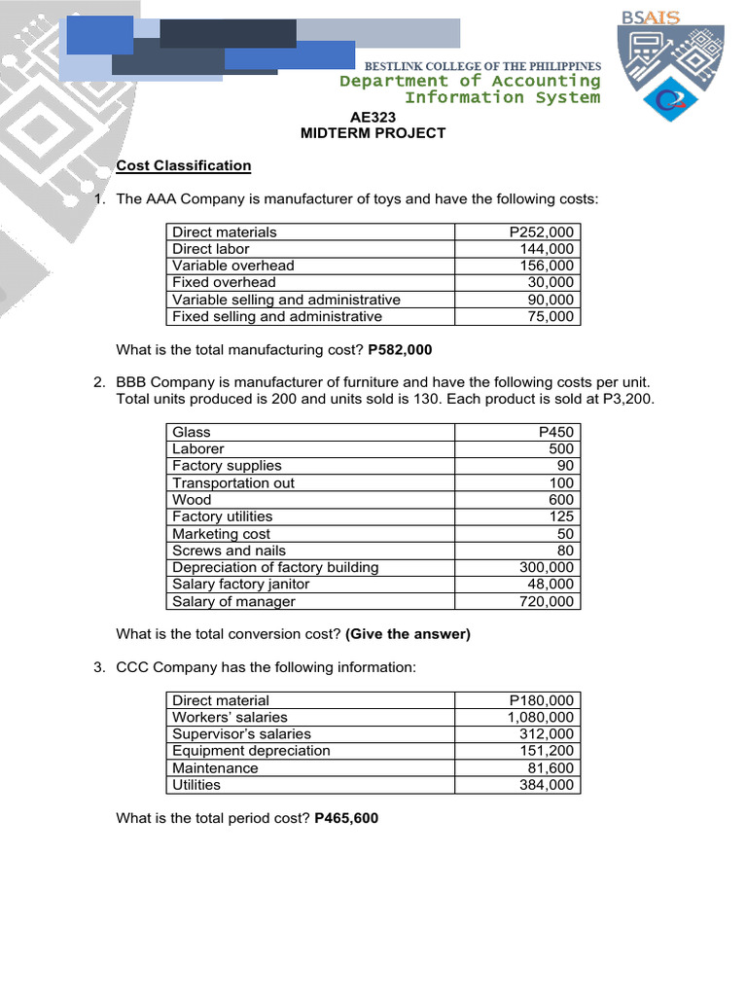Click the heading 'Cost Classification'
tap(184, 165)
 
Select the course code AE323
tap(373, 117)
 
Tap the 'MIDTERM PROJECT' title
tap(373, 133)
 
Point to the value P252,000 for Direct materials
tap(542, 231)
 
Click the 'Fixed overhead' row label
tap(224, 282)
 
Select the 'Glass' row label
tap(192, 432)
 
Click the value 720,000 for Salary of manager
tap(547, 601)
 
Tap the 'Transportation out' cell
tap(233, 482)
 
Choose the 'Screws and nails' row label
tap(229, 551)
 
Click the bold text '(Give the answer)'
tap(408, 634)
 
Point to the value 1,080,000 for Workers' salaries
tap(541, 717)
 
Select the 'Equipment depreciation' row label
tap(251, 751)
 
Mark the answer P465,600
tap(346, 819)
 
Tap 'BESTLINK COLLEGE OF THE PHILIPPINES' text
tap(482, 65)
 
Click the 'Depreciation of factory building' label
tap(275, 567)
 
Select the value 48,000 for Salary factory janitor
tap(551, 585)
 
